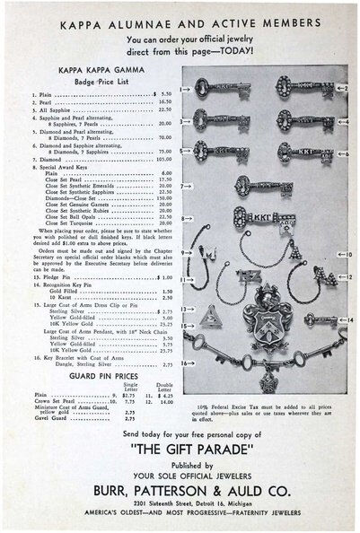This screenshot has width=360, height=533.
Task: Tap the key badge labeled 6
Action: point(306,153)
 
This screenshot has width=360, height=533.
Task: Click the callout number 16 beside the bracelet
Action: point(184,363)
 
